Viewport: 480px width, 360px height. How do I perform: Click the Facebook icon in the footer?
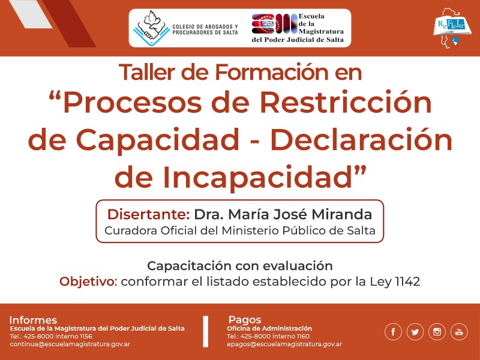394,332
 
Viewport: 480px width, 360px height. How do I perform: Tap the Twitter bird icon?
415,332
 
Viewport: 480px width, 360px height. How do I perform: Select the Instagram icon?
437,332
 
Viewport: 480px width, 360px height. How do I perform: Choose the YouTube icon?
460,332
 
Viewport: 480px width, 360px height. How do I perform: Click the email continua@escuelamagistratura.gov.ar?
70,344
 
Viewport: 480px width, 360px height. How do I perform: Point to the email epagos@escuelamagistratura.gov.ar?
284,344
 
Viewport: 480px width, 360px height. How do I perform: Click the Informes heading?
33,320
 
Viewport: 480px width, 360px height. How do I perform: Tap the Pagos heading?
245,320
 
